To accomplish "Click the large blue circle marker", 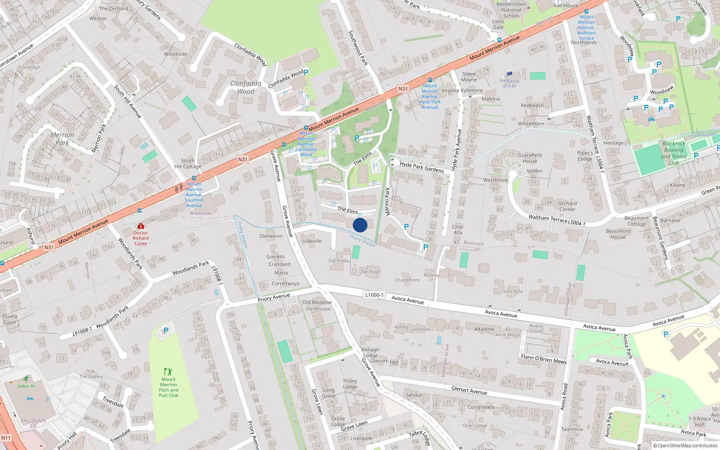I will pos(360,225).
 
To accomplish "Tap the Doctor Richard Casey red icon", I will pos(141,226).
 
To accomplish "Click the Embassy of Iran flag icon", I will pos(509,74).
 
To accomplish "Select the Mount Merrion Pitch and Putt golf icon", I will pos(168,372).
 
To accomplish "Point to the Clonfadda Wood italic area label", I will pos(246,87).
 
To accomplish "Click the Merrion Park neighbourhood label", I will pos(62,139).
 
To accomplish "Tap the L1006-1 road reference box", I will pos(374,295).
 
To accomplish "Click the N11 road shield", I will pos(5,437).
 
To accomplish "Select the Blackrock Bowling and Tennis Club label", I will pos(674,153).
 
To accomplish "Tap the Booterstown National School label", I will pos(511,10).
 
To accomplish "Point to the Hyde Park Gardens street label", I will pos(422,166).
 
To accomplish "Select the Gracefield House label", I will pos(530,158).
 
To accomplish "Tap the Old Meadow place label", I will pos(317,302).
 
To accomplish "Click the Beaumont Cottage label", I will pos(636,221).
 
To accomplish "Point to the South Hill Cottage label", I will pos(188,163).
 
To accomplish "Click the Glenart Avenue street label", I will pos(469,390).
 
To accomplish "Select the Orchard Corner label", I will pos(567,206).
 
